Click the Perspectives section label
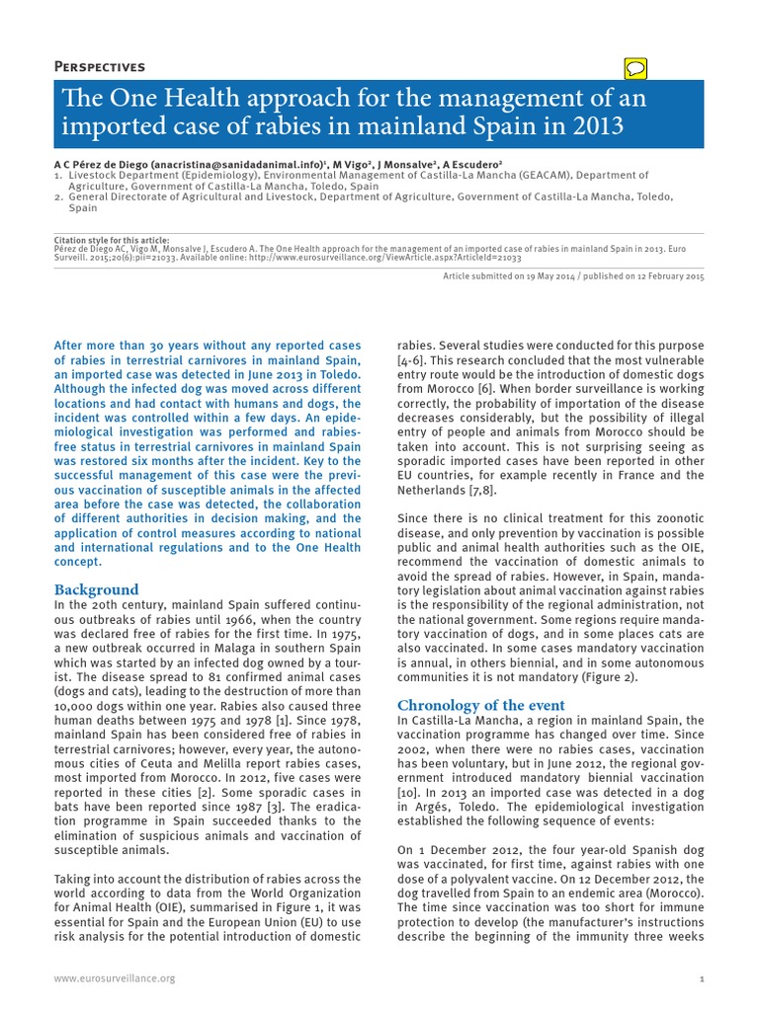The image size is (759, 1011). click(x=100, y=67)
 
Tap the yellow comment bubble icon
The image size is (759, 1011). click(x=636, y=67)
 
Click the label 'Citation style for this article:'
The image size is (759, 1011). click(x=112, y=240)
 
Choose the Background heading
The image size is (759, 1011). click(x=96, y=589)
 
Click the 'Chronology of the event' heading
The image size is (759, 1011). click(x=480, y=705)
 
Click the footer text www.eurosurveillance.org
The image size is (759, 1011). click(x=114, y=977)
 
